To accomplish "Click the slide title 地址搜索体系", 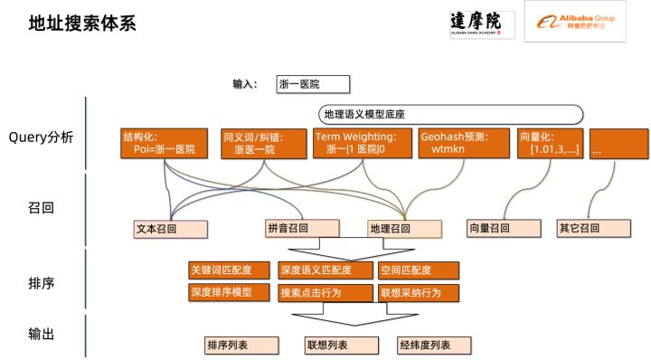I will pos(82,24).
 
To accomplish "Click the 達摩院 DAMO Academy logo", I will pos(482,24).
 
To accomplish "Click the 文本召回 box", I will pos(163,229).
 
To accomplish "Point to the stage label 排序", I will pos(42,283).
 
